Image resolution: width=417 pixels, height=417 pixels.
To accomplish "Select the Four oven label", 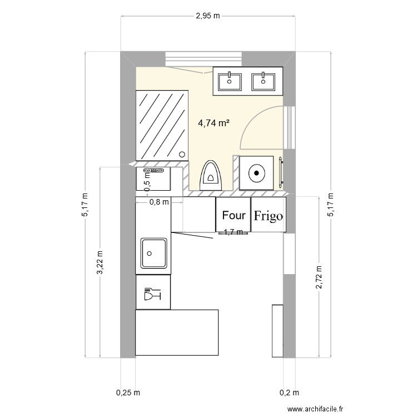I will (x=233, y=215).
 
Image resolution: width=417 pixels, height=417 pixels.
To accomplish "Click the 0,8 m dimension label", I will (x=159, y=202).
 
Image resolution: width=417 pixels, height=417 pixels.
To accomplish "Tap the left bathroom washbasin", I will (x=230, y=82).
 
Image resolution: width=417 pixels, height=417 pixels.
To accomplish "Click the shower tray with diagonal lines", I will (x=162, y=125).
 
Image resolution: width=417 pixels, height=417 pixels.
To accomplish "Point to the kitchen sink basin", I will (x=154, y=254).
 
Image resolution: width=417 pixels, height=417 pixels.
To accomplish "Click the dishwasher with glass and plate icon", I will (x=153, y=292).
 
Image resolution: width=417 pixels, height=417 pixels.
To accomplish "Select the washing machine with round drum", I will (x=256, y=173).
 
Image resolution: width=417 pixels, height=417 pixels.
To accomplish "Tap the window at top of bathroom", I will (x=204, y=59).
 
